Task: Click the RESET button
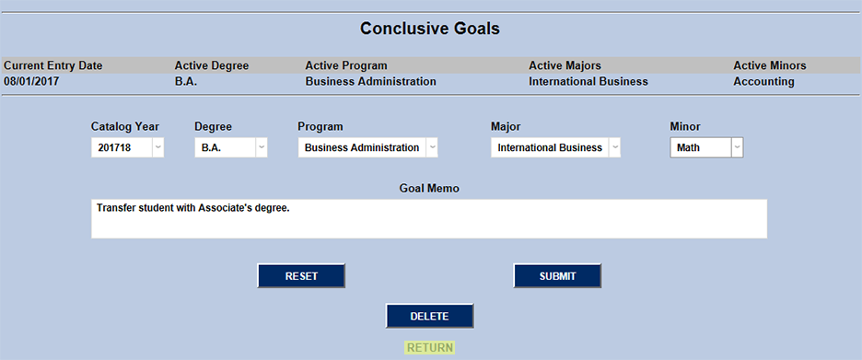(x=301, y=276)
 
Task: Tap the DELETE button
(x=429, y=316)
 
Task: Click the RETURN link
(x=429, y=348)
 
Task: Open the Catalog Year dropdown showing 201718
(x=128, y=147)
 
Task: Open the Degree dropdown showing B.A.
(x=231, y=147)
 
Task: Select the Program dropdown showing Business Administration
(x=367, y=147)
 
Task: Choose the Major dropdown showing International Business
(x=555, y=147)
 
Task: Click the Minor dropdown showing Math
(x=706, y=147)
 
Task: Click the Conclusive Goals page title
(x=430, y=29)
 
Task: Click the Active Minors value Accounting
(x=763, y=81)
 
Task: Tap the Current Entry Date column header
(x=53, y=65)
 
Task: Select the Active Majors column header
(x=565, y=65)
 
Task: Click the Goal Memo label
(x=429, y=188)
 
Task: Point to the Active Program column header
(x=346, y=65)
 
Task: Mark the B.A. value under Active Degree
(x=186, y=81)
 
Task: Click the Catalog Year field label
(x=125, y=126)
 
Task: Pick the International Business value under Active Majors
(x=588, y=81)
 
